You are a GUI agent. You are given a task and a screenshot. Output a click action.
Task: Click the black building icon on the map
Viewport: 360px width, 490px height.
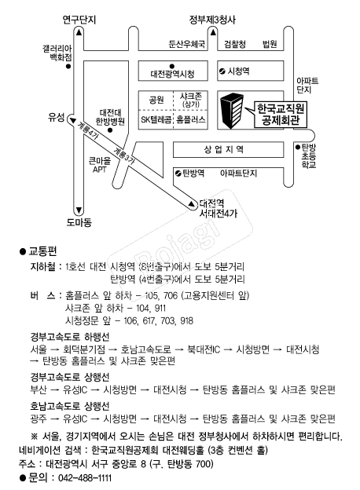232,110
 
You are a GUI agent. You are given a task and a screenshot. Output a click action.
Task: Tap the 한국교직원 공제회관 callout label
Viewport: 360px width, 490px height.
281,114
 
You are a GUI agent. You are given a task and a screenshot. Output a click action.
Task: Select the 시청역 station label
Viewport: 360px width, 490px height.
238,71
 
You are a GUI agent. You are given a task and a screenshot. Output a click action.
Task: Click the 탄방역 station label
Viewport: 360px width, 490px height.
193,173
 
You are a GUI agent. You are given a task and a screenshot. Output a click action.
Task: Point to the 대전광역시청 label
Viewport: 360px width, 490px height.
172,74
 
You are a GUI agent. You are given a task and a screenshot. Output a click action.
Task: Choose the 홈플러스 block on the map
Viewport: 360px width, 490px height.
190,119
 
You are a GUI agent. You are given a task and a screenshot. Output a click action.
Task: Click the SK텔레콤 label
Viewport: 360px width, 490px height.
156,119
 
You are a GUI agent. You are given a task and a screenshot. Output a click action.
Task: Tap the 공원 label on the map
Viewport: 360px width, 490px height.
156,100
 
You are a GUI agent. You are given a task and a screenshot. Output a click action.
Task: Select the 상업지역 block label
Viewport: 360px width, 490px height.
224,149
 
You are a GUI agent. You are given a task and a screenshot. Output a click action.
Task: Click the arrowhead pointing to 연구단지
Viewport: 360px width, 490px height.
79,32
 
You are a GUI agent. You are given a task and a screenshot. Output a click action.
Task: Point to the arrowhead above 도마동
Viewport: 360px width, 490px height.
79,210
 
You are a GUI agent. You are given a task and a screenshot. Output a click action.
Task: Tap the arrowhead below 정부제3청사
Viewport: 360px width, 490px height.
213,32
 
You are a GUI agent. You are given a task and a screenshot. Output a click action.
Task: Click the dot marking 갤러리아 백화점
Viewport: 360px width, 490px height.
68,66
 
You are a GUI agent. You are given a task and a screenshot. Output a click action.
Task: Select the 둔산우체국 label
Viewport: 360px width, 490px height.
187,44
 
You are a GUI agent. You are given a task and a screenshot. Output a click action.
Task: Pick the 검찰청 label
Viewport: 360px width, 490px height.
235,44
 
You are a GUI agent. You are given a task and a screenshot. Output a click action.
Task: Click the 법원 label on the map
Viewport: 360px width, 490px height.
270,44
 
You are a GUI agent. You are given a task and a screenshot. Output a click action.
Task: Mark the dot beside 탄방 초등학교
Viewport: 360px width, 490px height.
298,147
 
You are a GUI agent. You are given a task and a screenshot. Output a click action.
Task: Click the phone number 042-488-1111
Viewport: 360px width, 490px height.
85,478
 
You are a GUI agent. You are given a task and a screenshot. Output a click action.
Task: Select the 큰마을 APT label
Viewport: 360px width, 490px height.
100,165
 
